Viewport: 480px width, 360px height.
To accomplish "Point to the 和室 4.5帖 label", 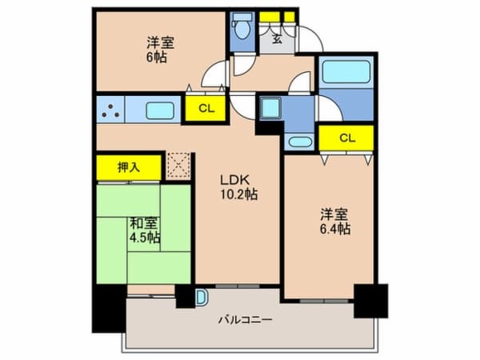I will coord(145,230).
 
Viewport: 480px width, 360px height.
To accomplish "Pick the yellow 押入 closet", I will coord(129,167).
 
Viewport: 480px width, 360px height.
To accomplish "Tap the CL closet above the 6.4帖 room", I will coord(346,138).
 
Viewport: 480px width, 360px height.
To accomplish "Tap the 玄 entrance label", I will coord(275,37).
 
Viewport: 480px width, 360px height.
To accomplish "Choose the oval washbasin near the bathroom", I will coord(300,142).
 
